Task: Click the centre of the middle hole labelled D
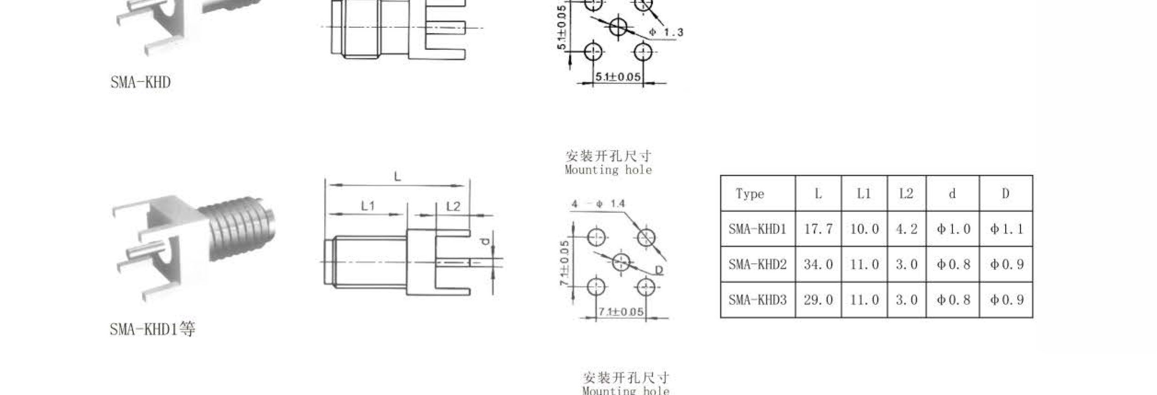pyautogui.click(x=621, y=262)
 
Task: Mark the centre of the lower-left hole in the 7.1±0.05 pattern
pyautogui.click(x=597, y=287)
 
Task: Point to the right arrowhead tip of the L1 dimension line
pyautogui.click(x=403, y=214)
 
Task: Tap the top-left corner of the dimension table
pyautogui.click(x=720, y=175)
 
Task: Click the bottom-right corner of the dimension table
pyautogui.click(x=1033, y=318)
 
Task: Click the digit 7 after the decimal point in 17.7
pyautogui.click(x=829, y=229)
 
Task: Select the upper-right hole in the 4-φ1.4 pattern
pyautogui.click(x=646, y=238)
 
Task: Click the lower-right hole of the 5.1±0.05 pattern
pyautogui.click(x=643, y=52)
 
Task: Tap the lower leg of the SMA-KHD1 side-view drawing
pyautogui.click(x=453, y=292)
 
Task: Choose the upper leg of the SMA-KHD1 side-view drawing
pyautogui.click(x=453, y=233)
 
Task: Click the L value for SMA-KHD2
pyautogui.click(x=818, y=264)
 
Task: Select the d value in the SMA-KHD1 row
pyautogui.click(x=953, y=229)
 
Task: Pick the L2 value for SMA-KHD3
pyautogui.click(x=907, y=300)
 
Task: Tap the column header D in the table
pyautogui.click(x=1006, y=193)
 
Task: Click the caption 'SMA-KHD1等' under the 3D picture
pyautogui.click(x=152, y=329)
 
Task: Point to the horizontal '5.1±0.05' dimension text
pyautogui.click(x=618, y=77)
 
